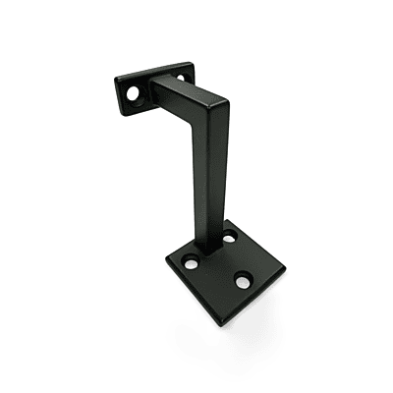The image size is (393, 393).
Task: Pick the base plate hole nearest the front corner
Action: coord(241,282)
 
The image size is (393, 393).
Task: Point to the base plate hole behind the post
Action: coord(229,237)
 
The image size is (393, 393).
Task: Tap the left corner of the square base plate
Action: coord(166,262)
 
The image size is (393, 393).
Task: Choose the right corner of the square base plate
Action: coord(285,264)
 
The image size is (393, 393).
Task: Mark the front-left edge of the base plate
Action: coord(201,287)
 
